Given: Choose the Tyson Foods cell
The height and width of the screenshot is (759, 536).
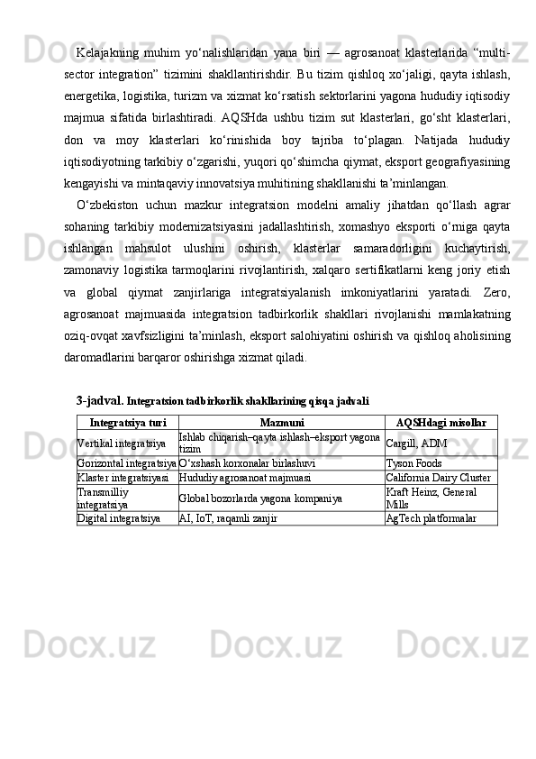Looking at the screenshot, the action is [x=413, y=463].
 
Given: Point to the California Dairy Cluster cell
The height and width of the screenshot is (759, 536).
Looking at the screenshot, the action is [x=438, y=477].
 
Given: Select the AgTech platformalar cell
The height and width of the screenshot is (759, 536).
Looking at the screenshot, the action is [x=432, y=518].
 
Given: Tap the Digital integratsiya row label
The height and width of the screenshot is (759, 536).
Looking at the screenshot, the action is [x=119, y=518].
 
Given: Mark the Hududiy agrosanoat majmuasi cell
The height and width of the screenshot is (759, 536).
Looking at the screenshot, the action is [x=246, y=477].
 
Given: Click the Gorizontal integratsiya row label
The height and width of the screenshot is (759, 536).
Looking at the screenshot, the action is [x=126, y=463].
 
